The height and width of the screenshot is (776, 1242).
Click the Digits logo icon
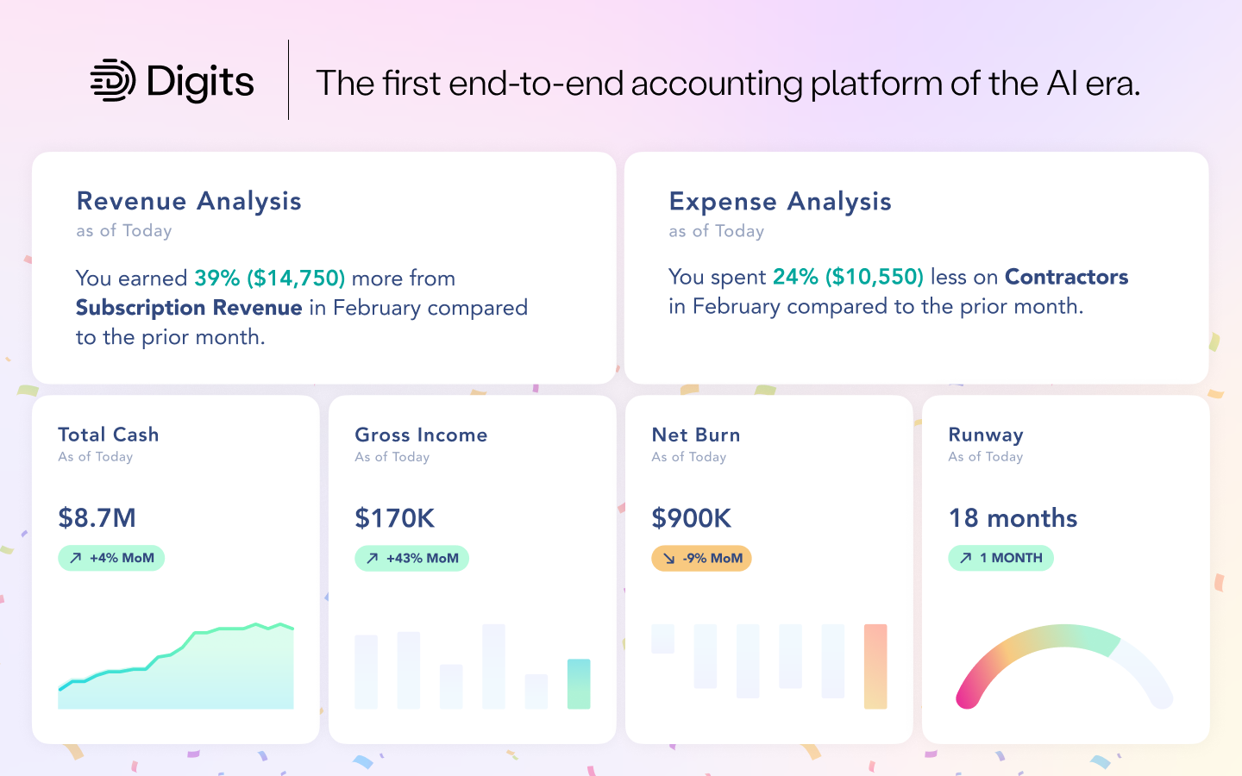[113, 81]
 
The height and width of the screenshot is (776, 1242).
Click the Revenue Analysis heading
[189, 201]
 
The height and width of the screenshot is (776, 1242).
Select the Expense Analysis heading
[780, 202]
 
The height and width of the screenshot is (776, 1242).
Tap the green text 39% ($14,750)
[269, 278]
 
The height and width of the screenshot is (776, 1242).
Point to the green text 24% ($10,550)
[847, 277]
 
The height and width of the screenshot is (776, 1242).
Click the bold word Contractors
[1066, 277]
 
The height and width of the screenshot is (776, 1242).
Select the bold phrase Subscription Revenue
[189, 308]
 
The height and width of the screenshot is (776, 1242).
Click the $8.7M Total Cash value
[97, 518]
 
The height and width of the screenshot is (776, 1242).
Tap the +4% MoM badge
[111, 558]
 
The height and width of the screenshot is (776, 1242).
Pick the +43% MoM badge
[411, 559]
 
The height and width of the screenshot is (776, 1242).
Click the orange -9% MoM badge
[701, 559]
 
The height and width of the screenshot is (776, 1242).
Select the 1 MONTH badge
[1000, 558]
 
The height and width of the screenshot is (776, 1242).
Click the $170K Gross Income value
[394, 518]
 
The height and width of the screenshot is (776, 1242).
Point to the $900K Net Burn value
[691, 518]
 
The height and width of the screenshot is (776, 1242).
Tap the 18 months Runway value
[1013, 518]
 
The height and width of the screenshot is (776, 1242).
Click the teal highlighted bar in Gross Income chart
[579, 684]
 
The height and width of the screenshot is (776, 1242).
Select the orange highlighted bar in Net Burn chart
[875, 666]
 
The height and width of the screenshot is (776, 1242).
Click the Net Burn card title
[695, 435]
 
